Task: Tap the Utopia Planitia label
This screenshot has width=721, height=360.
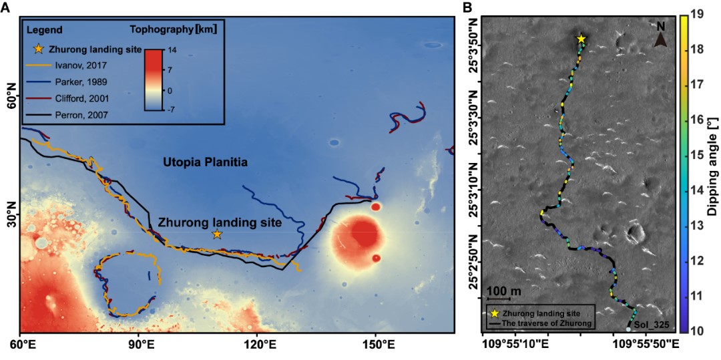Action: pyautogui.click(x=205, y=162)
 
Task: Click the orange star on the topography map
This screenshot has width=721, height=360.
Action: pyautogui.click(x=217, y=234)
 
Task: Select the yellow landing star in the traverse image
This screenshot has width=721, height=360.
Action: pyautogui.click(x=581, y=39)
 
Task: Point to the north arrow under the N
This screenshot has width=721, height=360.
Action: pyautogui.click(x=660, y=41)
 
